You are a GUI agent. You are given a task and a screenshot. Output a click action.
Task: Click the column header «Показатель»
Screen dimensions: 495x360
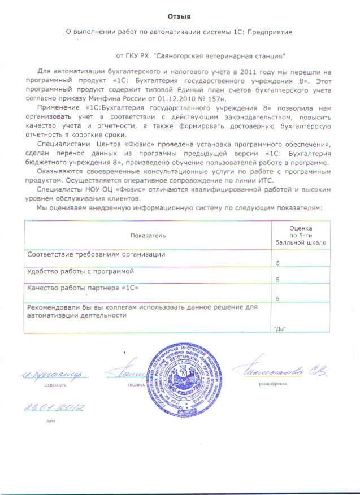pyautogui.click(x=148, y=234)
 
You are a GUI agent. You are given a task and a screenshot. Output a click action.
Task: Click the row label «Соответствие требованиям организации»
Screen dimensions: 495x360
pyautogui.click(x=97, y=255)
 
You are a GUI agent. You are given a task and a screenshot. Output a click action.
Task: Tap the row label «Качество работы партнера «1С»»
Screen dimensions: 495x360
pyautogui.click(x=83, y=289)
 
